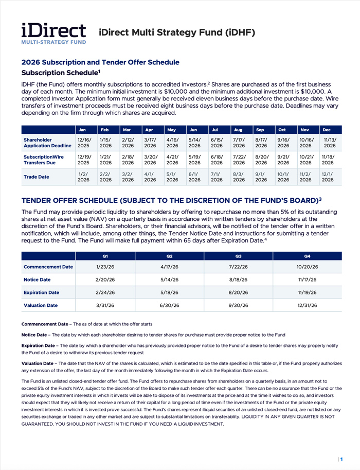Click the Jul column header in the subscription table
point(217,130)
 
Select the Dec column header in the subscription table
point(327,130)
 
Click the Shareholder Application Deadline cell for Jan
point(83,142)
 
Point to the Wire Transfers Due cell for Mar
point(128,159)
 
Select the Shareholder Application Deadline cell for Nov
point(305,142)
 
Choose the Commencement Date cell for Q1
point(105,267)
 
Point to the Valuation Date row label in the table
point(41,305)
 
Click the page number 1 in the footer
point(341,459)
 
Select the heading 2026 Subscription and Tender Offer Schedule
point(100,62)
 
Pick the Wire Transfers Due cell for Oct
point(283,159)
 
